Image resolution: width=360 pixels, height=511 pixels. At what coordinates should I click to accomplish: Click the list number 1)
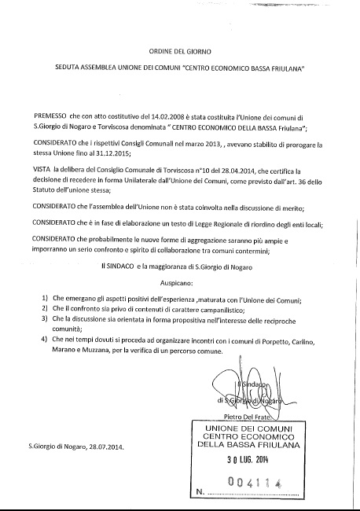point(44,300)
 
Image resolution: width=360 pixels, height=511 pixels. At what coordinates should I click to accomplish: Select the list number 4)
point(44,339)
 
